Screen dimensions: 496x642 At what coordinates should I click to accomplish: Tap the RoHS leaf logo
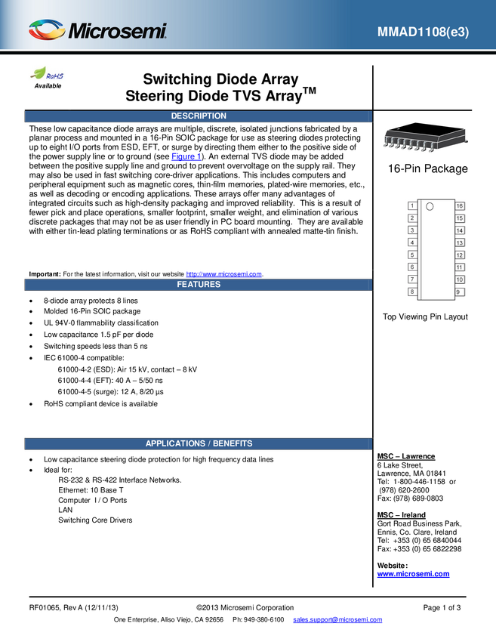tap(48, 75)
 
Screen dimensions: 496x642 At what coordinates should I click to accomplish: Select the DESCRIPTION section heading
tap(199, 116)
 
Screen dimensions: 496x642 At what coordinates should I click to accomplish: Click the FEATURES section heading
tap(199, 285)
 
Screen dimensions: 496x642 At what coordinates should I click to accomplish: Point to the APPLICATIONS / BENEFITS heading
tap(199, 443)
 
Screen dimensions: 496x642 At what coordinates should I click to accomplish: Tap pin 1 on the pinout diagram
tap(412, 206)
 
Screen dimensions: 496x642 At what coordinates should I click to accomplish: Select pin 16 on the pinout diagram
tap(460, 206)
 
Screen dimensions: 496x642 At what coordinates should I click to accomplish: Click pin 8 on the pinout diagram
tap(412, 292)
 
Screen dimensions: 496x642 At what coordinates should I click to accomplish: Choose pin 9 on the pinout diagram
tap(459, 292)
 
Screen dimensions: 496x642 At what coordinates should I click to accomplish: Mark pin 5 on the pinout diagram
tap(412, 255)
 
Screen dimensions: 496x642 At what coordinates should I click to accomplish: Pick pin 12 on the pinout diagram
tap(460, 255)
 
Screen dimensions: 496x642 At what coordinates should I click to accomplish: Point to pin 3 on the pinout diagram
tap(412, 230)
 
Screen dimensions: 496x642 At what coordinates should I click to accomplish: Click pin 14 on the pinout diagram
tap(460, 230)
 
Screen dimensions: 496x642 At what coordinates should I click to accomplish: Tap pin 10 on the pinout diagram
tap(460, 279)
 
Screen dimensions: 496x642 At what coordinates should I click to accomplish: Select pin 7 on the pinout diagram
tap(412, 279)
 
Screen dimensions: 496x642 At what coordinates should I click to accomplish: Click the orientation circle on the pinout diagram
tap(430, 206)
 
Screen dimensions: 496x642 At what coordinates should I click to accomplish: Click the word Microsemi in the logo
tap(117, 32)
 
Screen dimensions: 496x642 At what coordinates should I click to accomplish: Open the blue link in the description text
tap(186, 156)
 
